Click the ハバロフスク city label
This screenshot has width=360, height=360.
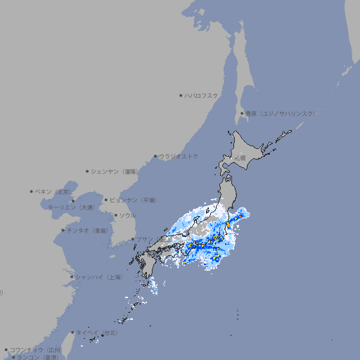[x=201, y=95]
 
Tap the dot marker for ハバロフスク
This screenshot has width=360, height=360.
[x=181, y=95]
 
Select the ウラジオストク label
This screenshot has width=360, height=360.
[x=179, y=156]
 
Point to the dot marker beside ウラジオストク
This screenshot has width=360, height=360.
[x=155, y=156]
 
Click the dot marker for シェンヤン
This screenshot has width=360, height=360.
[x=87, y=171]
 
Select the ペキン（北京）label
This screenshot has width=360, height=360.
[x=53, y=191]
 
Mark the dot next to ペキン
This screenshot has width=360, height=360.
[x=32, y=191]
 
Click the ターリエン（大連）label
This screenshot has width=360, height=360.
[x=71, y=207]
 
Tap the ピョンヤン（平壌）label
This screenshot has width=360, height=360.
[x=132, y=200]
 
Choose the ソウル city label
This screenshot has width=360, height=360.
[x=127, y=215]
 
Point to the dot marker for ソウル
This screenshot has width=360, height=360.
[x=115, y=215]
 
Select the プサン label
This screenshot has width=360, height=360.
[x=144, y=239]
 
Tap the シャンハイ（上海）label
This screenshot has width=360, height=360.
[x=98, y=277]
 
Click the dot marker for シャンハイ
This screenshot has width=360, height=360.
[x=72, y=277]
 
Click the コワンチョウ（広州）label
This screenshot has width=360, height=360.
[x=36, y=349]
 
